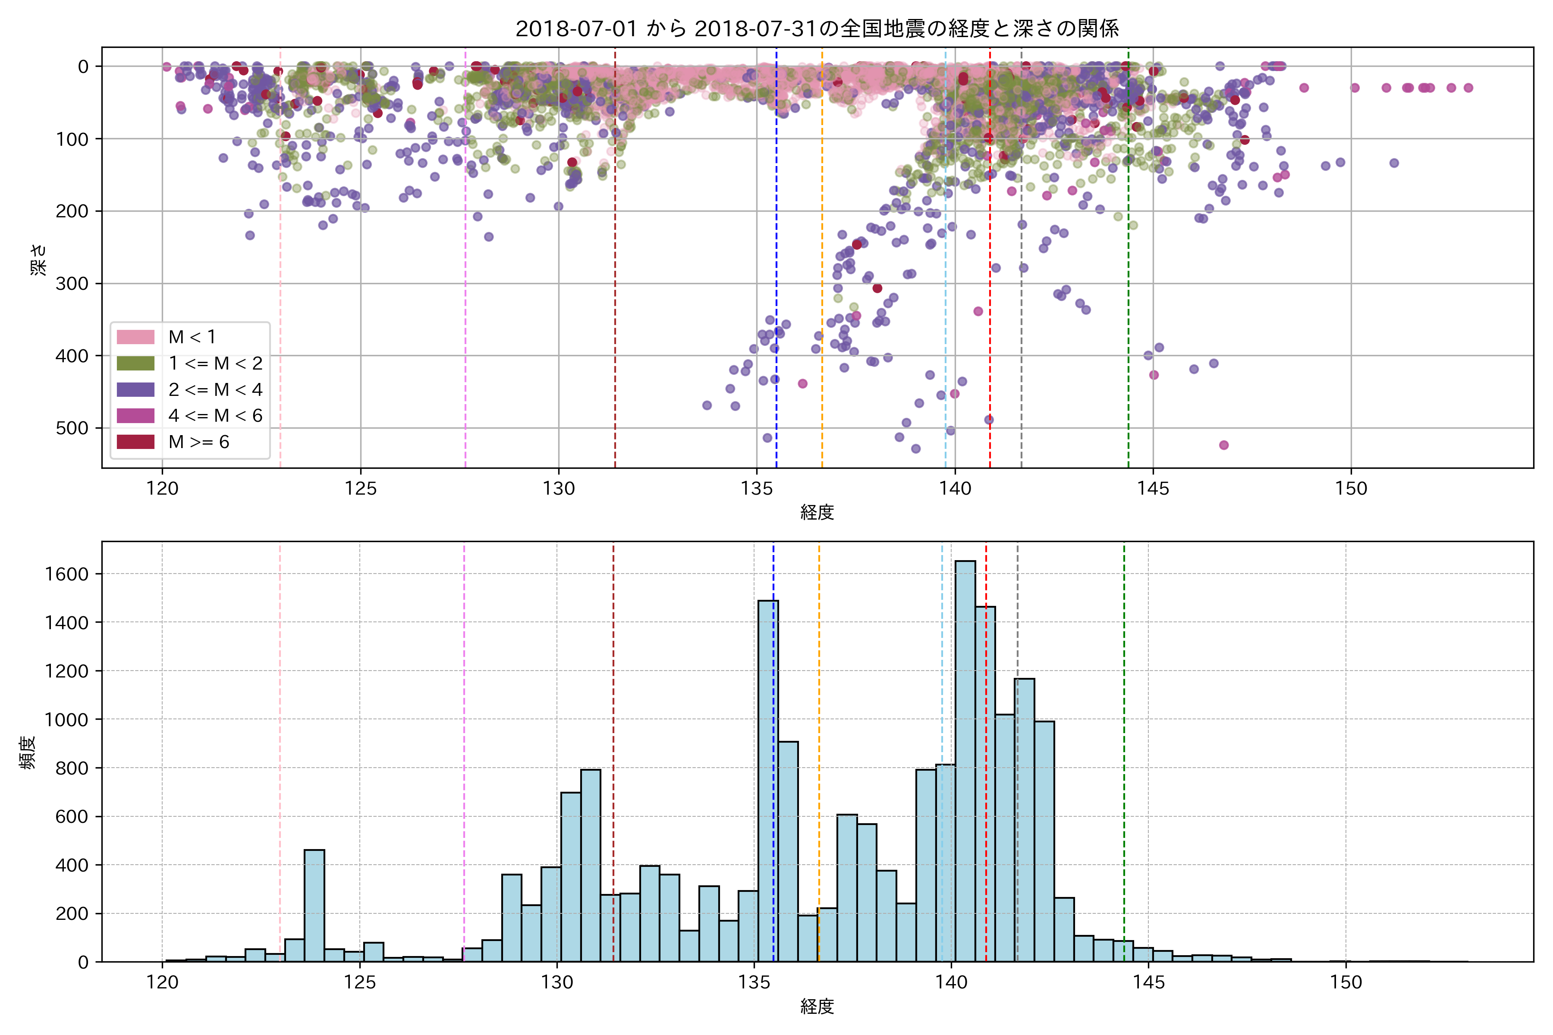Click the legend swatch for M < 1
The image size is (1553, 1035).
pos(135,337)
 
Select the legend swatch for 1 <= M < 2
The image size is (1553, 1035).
pos(135,364)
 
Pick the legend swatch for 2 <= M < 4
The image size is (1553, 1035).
pos(135,389)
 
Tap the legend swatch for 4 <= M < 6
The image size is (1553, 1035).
pos(135,416)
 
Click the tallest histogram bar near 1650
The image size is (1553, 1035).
pos(965,759)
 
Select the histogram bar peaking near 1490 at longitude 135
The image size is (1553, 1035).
pos(768,779)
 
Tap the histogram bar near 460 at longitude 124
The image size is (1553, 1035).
pos(314,904)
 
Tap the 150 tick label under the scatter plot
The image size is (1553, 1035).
pos(1351,489)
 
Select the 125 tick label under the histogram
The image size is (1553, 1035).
pos(360,983)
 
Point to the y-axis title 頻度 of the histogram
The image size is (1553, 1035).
pos(28,753)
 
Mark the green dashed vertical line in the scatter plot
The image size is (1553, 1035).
pos(1129,264)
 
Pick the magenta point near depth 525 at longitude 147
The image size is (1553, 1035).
pos(1223,445)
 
